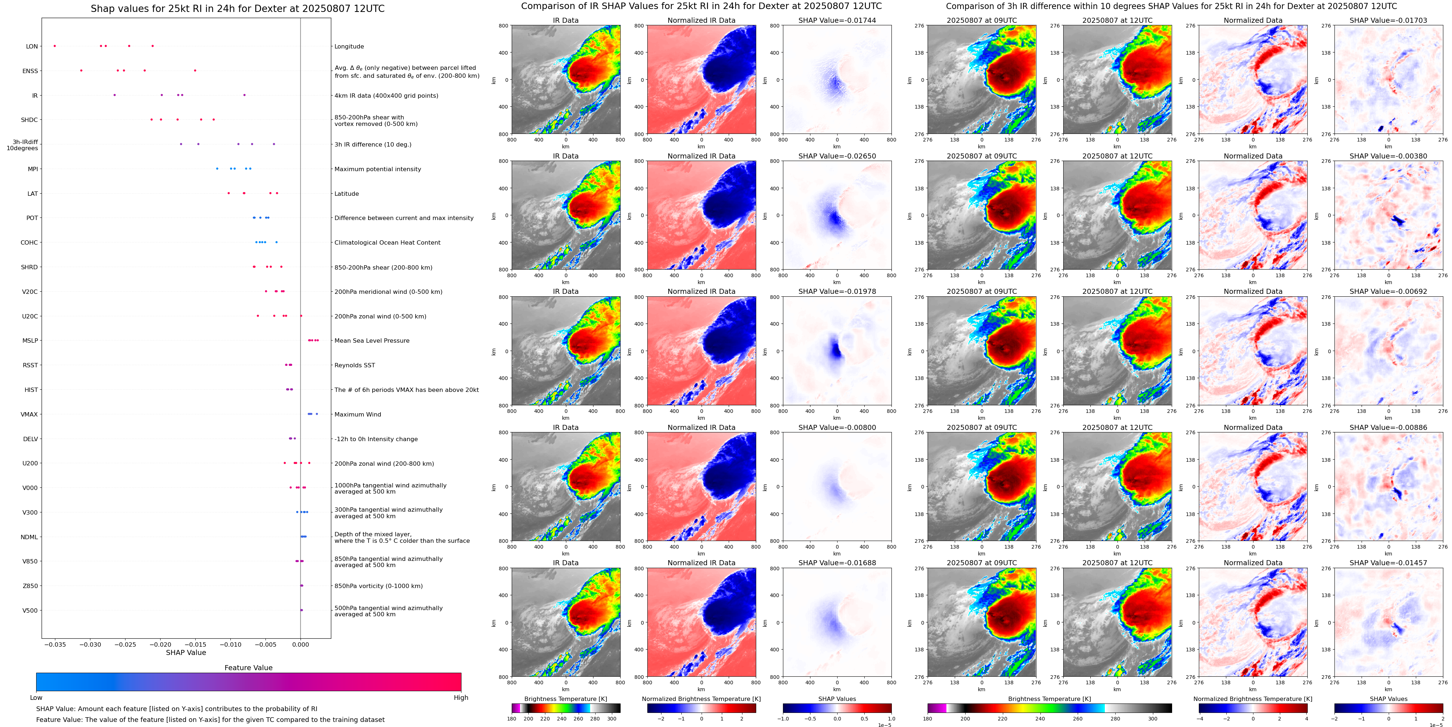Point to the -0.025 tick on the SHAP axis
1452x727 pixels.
(126, 644)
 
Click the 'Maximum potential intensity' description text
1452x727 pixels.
(378, 169)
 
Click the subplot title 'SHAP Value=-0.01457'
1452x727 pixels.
(1388, 563)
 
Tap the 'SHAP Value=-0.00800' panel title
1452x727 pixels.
(837, 427)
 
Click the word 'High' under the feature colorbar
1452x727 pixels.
(461, 698)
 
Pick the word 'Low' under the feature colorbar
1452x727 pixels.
(36, 698)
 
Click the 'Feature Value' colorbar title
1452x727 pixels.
(248, 668)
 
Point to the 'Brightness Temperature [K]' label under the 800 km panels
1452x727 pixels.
(565, 699)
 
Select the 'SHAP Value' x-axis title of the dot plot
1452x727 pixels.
(186, 652)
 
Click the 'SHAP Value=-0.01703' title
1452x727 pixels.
(1388, 20)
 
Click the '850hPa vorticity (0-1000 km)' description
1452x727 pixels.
(378, 586)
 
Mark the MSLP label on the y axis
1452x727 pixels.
(30, 341)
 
